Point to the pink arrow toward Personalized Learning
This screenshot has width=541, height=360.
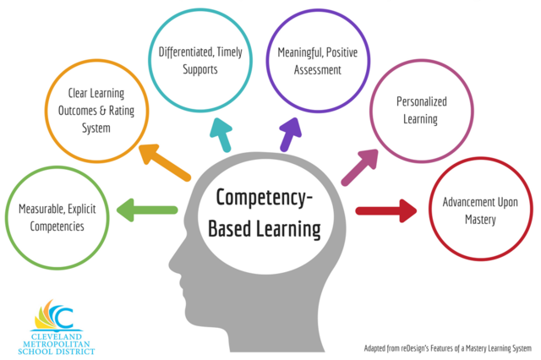coord(360,166)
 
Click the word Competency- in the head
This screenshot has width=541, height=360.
coord(264,199)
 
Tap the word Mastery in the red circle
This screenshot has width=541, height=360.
coord(480,221)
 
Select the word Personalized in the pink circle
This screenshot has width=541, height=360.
coord(421,101)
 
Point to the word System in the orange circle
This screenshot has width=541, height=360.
coord(97,128)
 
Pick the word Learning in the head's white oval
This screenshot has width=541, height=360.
coord(290,227)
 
